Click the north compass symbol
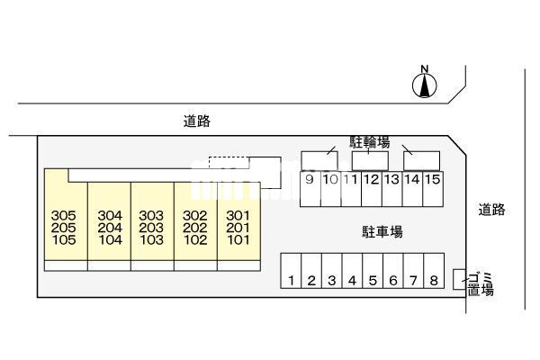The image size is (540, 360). tap(425, 84)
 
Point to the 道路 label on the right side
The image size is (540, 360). tap(492, 210)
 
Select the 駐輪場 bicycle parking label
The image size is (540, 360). tap(370, 142)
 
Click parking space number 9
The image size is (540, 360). tap(309, 179)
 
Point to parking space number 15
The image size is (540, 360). tap(433, 179)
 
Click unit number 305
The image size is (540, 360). tap(64, 216)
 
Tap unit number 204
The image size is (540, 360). tap(109, 229)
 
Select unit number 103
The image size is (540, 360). tap(151, 241)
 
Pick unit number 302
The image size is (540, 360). tap(194, 216)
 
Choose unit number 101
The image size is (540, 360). tap(238, 241)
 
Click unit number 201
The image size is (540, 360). tap(238, 229)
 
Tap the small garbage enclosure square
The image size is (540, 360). tap(459, 278)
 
